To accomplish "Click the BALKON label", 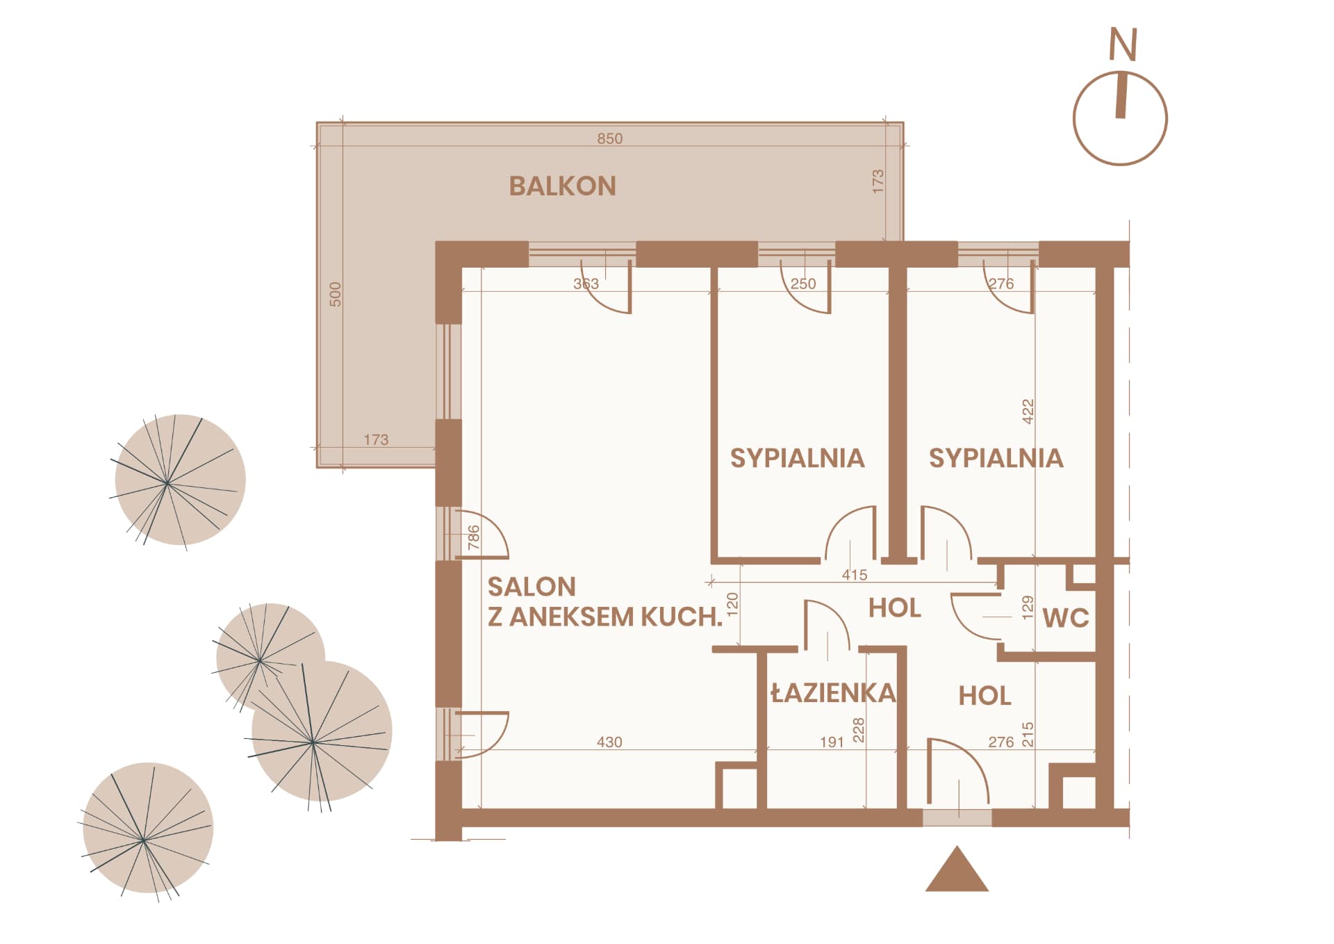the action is pos(563,186).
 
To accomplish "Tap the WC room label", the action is pos(1066,618).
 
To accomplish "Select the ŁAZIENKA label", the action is pos(834,692).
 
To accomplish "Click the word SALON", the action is pos(532,587).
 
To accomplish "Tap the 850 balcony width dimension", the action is pos(610,138).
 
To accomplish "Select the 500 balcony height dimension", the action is pos(336,294).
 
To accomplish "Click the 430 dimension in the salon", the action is pos(609,742).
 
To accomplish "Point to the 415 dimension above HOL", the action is pos(855,575).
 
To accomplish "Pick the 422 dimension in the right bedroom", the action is pos(1028,412).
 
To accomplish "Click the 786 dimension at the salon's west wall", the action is pos(474,537).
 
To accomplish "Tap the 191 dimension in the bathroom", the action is pos(832,742).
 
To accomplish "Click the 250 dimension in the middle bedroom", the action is pos(803,284).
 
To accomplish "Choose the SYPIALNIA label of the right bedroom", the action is pos(996,458).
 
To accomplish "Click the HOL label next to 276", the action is pos(985,696).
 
